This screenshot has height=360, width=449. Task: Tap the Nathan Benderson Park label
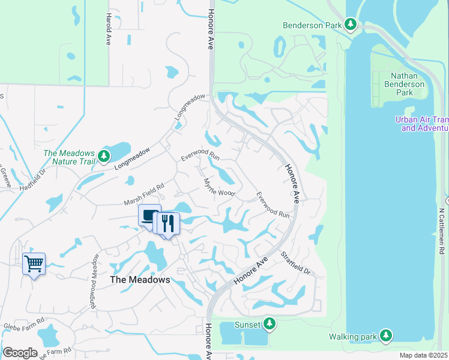tap(407, 84)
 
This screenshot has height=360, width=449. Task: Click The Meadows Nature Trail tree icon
tap(104, 157)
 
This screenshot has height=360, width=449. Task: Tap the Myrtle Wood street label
tap(218, 187)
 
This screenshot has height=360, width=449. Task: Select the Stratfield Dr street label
tap(296, 263)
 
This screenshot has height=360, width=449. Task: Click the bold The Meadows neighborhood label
tap(140, 280)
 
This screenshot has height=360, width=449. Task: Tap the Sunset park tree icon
tap(270, 324)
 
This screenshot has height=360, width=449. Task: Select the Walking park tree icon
tap(387, 335)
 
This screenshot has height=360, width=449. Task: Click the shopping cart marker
tap(34, 263)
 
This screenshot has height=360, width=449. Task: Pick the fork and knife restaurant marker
tap(168, 224)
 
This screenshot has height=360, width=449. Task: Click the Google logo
tap(20, 352)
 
